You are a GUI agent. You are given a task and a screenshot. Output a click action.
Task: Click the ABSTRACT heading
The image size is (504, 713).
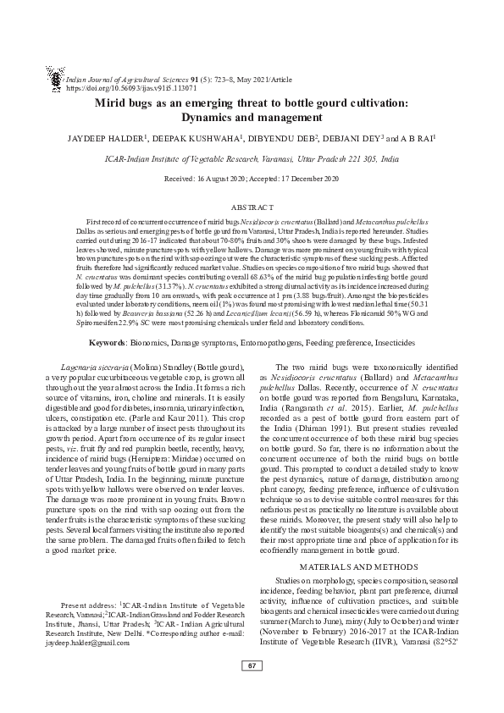click(x=252, y=207)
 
